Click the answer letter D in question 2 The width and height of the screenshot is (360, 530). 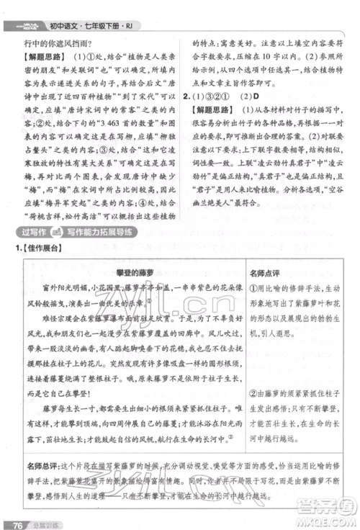(252, 94)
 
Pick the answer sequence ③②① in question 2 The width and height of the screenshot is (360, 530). (216, 94)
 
